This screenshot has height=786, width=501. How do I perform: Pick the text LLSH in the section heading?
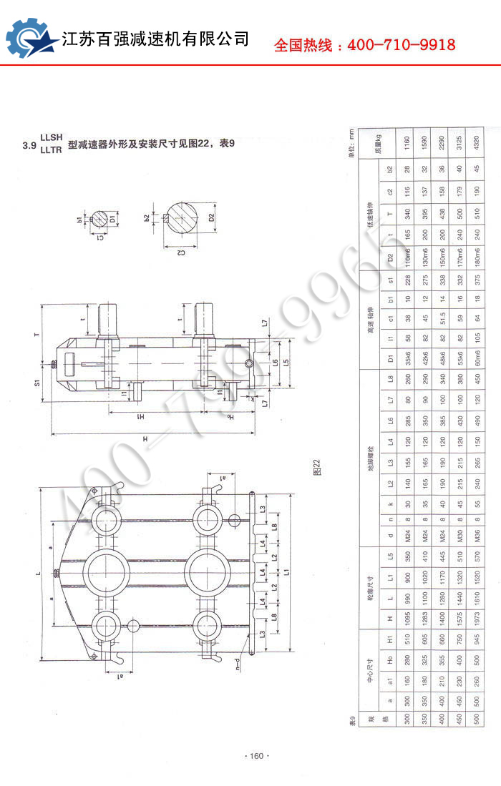coord(52,137)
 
